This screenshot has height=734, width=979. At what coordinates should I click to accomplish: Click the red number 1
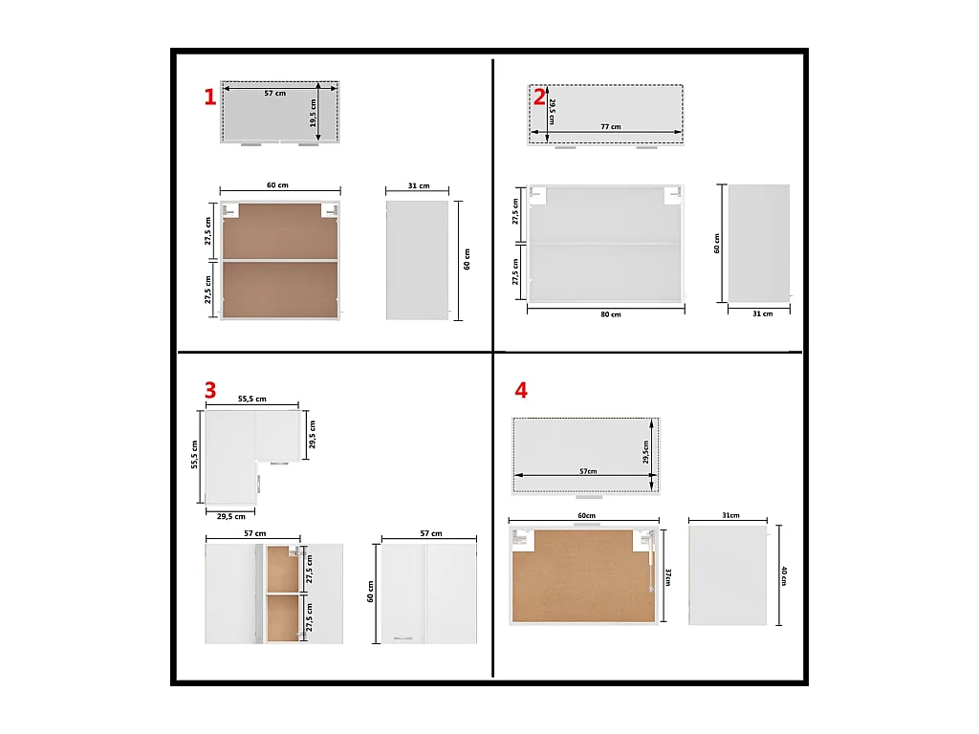pos(209,97)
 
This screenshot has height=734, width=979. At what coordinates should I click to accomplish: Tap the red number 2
pos(539,97)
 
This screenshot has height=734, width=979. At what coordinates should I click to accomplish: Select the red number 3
pos(209,390)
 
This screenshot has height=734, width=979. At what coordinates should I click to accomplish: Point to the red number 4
pos(521,390)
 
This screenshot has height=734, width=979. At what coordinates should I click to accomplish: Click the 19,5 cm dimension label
pos(313,114)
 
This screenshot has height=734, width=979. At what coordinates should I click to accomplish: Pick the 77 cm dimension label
pos(611,127)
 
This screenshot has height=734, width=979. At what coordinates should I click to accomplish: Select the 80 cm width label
pos(611,314)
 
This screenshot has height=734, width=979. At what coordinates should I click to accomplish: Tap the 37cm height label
pos(668,576)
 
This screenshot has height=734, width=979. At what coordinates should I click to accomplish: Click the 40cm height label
pos(784,575)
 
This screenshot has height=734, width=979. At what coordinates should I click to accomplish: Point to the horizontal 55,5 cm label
pos(252,399)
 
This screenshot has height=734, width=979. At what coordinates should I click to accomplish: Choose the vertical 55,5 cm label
pos(194,454)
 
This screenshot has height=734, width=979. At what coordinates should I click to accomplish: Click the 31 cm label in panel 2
pos(762,313)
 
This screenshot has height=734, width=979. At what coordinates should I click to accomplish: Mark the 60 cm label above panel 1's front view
pos(277,185)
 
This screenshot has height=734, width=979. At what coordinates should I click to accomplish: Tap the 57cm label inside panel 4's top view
pos(588,471)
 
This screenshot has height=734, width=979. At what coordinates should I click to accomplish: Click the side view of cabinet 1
pos(417,260)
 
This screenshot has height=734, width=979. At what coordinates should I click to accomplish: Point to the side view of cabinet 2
pos(758,244)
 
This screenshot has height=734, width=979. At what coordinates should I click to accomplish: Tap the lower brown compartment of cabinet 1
pos(280,289)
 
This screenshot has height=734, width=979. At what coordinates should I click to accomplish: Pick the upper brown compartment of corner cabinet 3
pos(283,569)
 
